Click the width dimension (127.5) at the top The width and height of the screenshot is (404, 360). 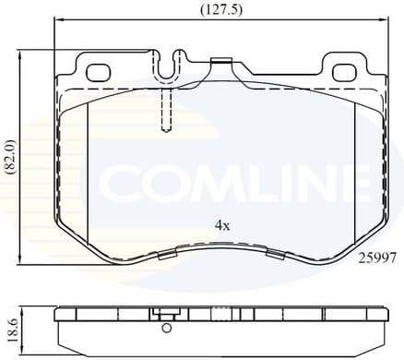click(x=216, y=10)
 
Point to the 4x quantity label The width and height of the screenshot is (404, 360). click(x=221, y=224)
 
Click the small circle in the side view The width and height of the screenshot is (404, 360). click(x=167, y=327)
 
